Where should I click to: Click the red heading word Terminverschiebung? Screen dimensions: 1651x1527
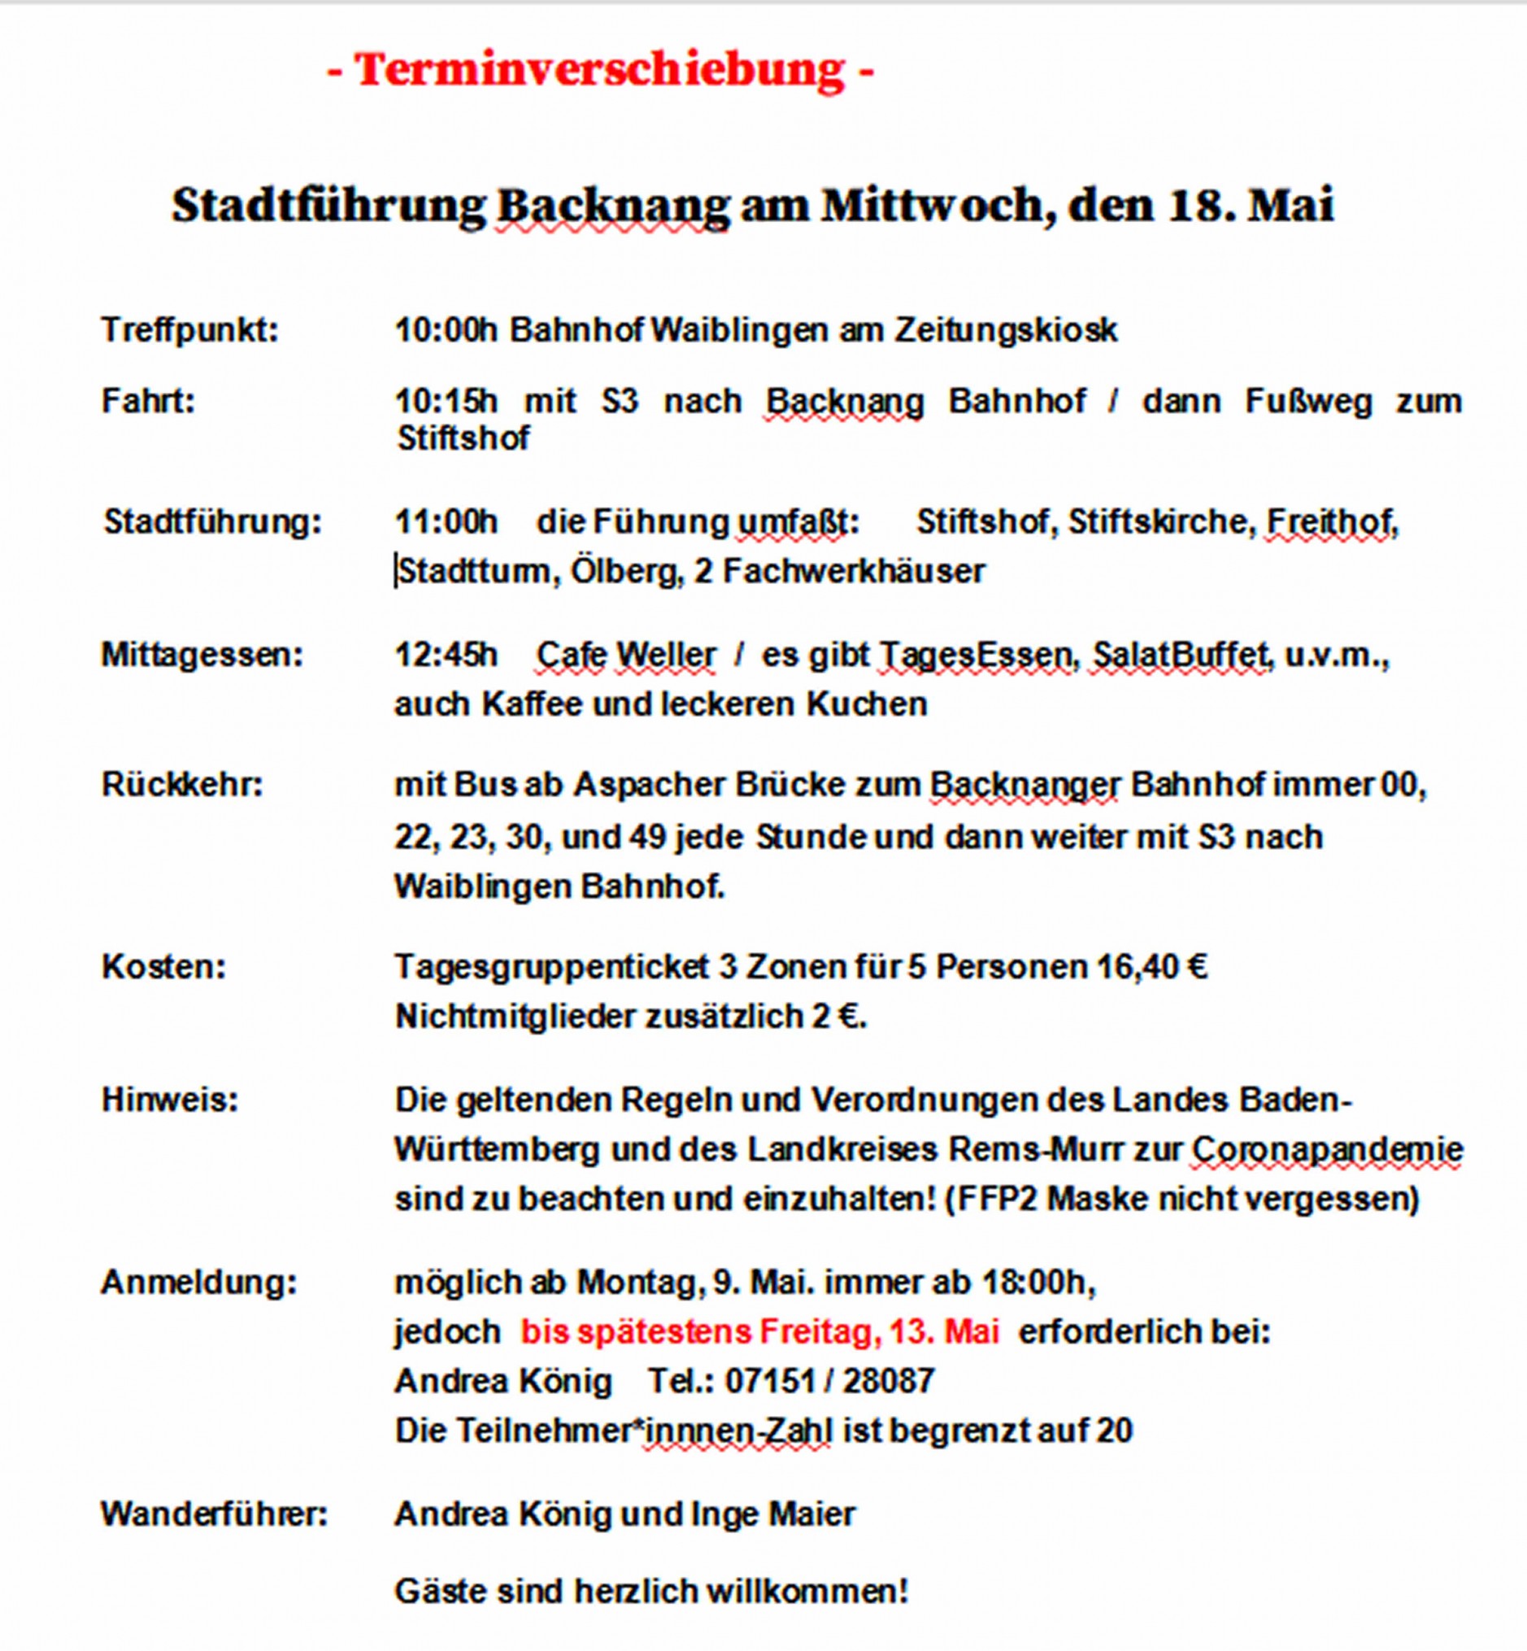[x=600, y=68]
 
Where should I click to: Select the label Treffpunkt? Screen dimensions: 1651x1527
[x=190, y=330]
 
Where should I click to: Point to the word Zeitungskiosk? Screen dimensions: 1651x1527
[x=1006, y=330]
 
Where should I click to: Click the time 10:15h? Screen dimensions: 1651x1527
[x=446, y=402]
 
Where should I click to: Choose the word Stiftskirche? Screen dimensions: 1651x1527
[x=1159, y=522]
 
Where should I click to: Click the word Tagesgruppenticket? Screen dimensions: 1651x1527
[x=552, y=967]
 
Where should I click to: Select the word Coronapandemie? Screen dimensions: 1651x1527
[x=1327, y=1149]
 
